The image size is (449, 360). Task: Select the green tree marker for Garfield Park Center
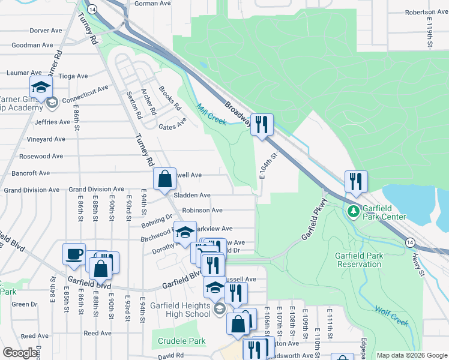click(x=354, y=211)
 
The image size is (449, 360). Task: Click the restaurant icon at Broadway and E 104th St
click(x=262, y=124)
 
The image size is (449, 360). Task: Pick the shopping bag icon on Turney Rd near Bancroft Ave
click(x=164, y=178)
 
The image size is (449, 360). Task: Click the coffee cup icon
click(x=74, y=253)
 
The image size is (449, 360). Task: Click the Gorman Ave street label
click(x=153, y=3)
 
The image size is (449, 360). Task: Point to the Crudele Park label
click(x=183, y=341)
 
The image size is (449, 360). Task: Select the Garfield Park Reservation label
click(x=360, y=260)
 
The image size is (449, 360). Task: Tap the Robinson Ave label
click(x=202, y=211)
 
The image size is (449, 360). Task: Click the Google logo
click(x=20, y=353)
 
